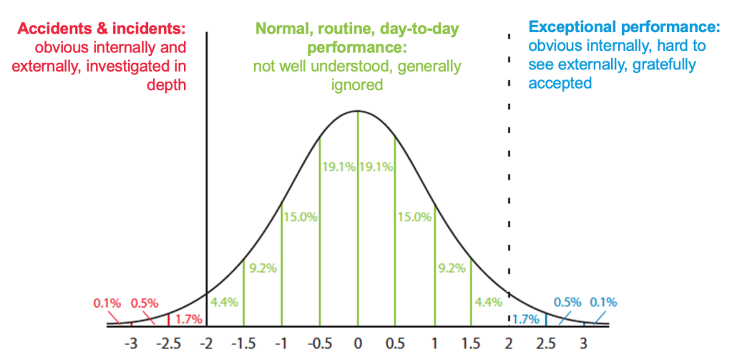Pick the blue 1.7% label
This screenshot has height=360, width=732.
point(526,318)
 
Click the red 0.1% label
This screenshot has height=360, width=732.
point(107,302)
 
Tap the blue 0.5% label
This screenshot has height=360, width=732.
point(568,301)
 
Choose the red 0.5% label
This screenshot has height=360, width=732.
point(145,302)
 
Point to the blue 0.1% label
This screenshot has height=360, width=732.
point(603,301)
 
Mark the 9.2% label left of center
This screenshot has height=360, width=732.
point(262,269)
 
